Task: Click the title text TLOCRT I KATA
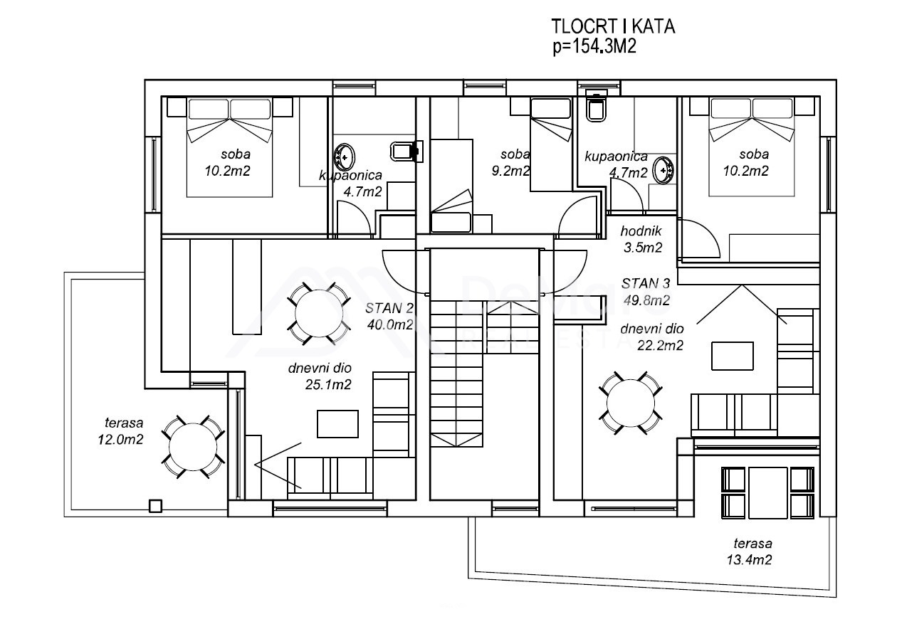coord(613,26)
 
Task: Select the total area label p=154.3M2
coord(594,46)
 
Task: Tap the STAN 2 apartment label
coord(389,308)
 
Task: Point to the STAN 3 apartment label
coord(646,283)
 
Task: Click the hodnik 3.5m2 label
coord(642,239)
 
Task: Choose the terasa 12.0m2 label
coord(121,431)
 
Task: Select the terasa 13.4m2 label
coord(750,551)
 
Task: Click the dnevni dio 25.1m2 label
coord(320,376)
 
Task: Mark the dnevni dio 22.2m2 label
coord(652,337)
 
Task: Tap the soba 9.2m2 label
coord(510,162)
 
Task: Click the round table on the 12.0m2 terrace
coord(193,447)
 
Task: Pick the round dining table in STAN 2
coord(319,313)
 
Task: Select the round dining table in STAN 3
coord(630,403)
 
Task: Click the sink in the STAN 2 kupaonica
coord(344,158)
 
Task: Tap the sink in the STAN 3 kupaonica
coord(663,171)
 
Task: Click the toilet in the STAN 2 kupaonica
coord(406,151)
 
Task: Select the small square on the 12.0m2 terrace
coord(155,506)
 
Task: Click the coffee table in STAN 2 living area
coord(337,424)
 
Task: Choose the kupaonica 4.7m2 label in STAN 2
coord(351,184)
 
